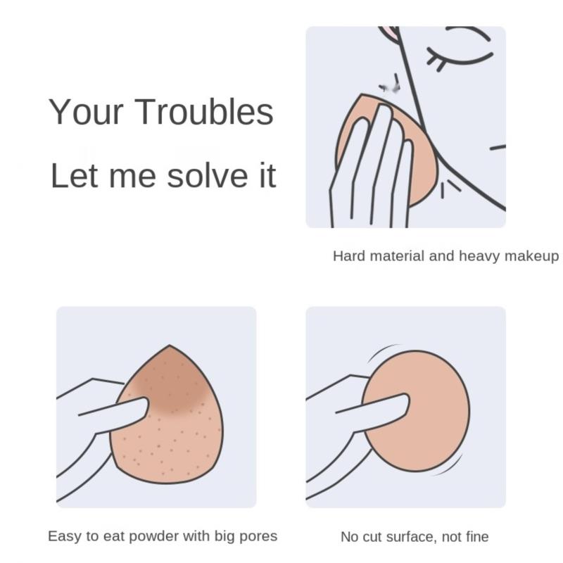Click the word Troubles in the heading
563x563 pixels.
coord(203,112)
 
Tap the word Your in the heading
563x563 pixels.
coord(86,112)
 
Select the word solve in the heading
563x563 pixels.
coord(208,175)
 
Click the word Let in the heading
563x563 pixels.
coord(75,175)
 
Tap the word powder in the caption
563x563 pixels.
coord(153,536)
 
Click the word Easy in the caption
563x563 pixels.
coord(64,536)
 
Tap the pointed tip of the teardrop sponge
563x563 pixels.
coord(170,346)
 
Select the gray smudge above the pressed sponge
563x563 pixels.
coord(391,86)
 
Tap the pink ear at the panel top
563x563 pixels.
coord(390,33)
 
